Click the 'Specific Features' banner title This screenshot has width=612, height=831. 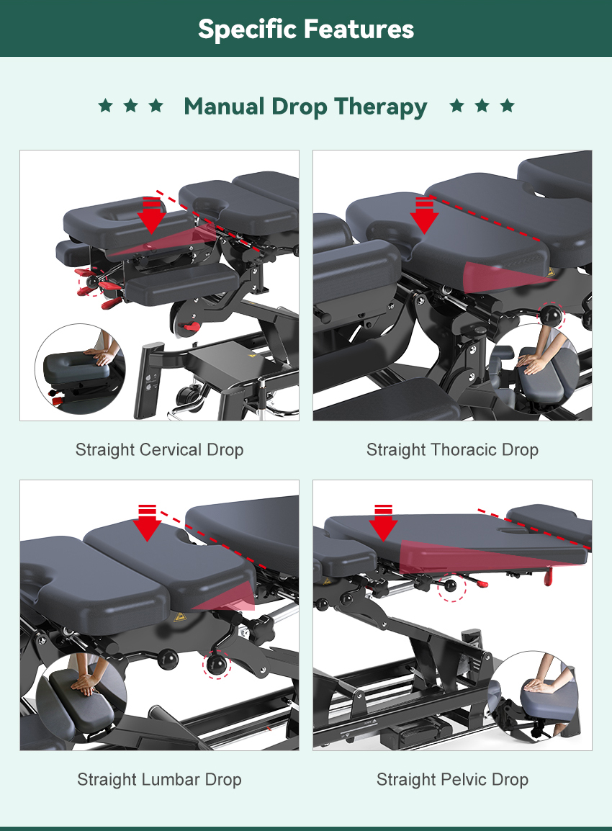[x=306, y=29]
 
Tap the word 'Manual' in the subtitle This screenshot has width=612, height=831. [x=225, y=106]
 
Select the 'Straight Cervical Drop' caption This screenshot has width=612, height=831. [x=160, y=449]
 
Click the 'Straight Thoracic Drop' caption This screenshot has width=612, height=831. [x=452, y=449]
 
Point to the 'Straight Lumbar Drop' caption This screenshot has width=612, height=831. [x=160, y=779]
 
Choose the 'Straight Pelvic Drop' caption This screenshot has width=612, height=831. [x=452, y=779]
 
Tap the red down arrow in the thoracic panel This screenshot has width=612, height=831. [x=424, y=215]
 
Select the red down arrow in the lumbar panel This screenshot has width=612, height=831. [x=148, y=523]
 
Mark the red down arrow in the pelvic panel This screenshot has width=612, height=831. [x=383, y=523]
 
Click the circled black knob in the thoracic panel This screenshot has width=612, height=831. [x=551, y=315]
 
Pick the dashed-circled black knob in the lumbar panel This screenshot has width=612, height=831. [x=217, y=665]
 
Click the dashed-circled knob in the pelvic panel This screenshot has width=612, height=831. [x=451, y=585]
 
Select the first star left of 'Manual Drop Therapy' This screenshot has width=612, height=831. [x=105, y=105]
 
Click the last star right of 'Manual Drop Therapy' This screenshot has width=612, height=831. [x=507, y=105]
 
